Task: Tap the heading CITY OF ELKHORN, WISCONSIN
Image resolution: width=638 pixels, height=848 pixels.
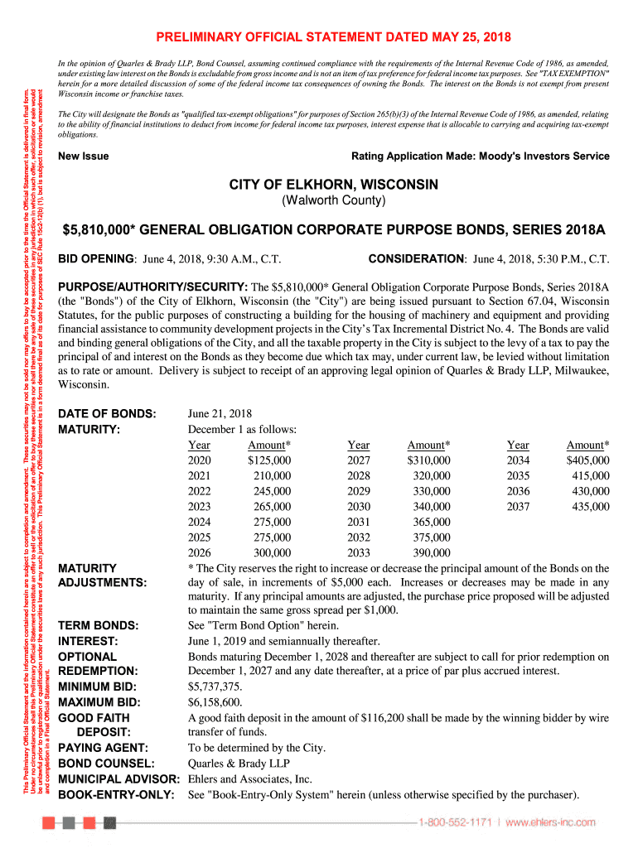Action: pyautogui.click(x=334, y=184)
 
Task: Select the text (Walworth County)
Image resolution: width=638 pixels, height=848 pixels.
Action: pyautogui.click(x=334, y=201)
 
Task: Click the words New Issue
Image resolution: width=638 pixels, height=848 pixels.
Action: pyautogui.click(x=83, y=156)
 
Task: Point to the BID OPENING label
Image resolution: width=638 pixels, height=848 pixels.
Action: pyautogui.click(x=96, y=258)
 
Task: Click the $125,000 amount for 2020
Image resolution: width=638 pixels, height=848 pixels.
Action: pyautogui.click(x=269, y=460)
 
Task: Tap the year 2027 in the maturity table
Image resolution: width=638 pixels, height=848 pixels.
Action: pyautogui.click(x=359, y=460)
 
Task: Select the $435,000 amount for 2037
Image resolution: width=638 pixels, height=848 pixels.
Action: pyautogui.click(x=587, y=506)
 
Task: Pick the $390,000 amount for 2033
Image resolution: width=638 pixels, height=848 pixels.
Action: pyautogui.click(x=428, y=552)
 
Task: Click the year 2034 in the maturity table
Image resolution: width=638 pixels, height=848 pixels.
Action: pyautogui.click(x=518, y=460)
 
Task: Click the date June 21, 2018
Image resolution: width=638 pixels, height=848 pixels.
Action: pyautogui.click(x=220, y=413)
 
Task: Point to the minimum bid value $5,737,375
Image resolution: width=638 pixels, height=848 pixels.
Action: pyautogui.click(x=216, y=687)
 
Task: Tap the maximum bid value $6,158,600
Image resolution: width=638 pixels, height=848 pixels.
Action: pyautogui.click(x=216, y=702)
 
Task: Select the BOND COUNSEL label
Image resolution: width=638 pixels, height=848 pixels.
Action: pyautogui.click(x=106, y=764)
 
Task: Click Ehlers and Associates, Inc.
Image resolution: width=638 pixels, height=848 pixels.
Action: pyautogui.click(x=250, y=779)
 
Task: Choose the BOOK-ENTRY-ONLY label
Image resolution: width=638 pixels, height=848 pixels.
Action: pyautogui.click(x=116, y=795)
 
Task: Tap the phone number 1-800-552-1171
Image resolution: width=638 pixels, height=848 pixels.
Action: pyautogui.click(x=454, y=822)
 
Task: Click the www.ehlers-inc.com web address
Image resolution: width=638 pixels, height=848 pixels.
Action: pyautogui.click(x=551, y=822)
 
